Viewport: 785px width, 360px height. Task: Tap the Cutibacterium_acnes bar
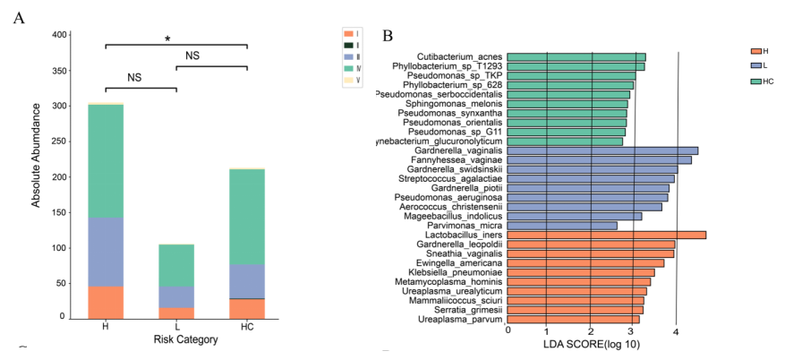click(576, 57)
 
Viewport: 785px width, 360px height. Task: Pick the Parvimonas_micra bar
click(562, 225)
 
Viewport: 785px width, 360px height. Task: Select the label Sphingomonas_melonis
click(453, 104)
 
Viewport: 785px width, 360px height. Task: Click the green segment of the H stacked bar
click(106, 161)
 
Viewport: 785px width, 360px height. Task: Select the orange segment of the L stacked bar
click(176, 313)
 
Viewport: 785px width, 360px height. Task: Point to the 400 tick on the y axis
click(59, 35)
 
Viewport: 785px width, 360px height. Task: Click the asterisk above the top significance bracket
click(167, 39)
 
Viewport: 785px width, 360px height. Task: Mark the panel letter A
click(19, 21)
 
